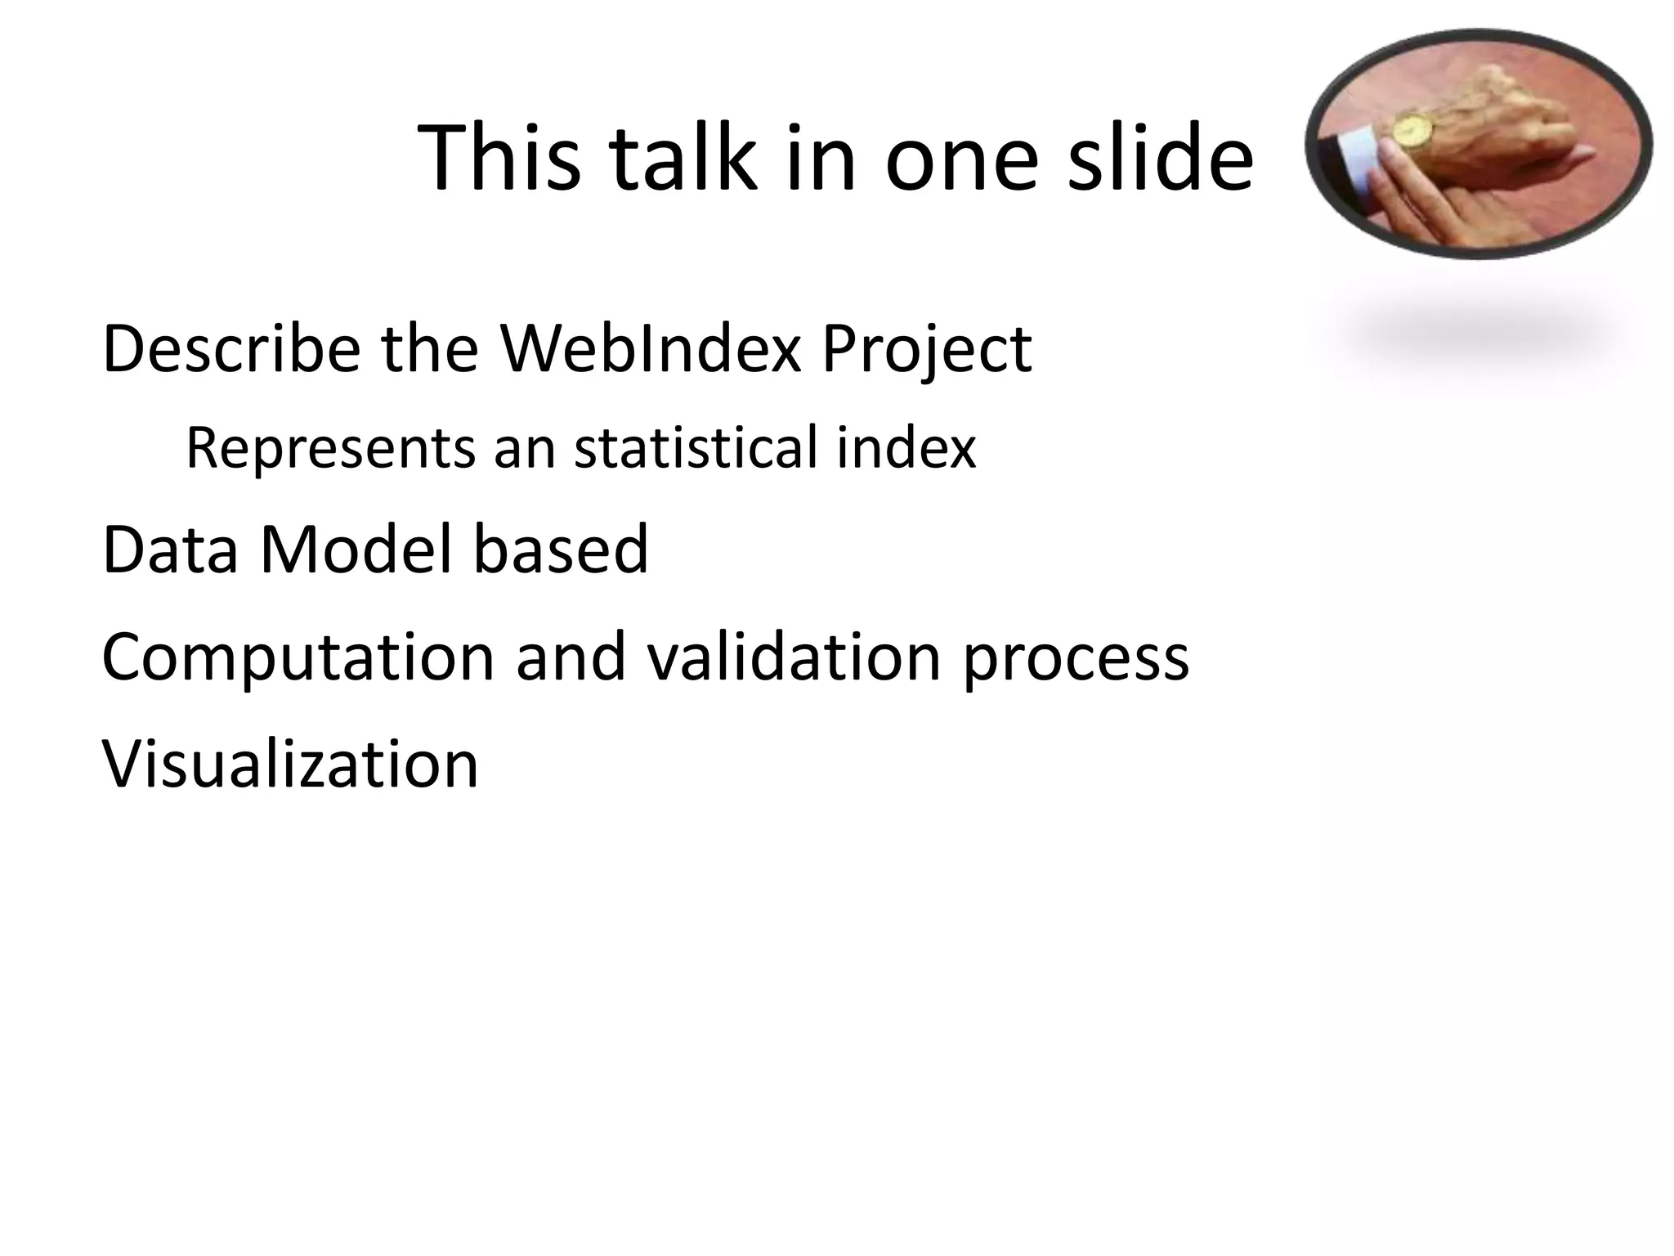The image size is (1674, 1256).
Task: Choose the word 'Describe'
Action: click(x=231, y=349)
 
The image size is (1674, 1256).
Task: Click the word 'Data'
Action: click(x=170, y=549)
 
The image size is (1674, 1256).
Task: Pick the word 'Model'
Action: click(x=356, y=549)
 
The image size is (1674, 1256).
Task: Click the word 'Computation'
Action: click(x=298, y=658)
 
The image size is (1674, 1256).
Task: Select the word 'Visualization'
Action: click(x=290, y=764)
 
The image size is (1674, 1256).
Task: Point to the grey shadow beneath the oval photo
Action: click(x=1479, y=335)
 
